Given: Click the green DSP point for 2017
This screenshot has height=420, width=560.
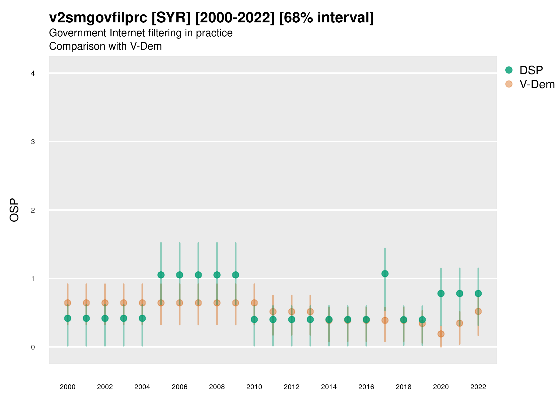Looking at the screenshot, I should pos(385,274).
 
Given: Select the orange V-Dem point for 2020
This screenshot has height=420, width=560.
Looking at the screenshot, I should pos(441,334).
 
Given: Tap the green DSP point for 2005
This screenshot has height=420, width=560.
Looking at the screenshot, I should pos(161,275).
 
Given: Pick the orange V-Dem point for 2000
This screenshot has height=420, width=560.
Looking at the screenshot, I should pos(68,303).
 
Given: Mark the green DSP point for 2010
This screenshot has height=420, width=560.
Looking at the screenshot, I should pos(254,319).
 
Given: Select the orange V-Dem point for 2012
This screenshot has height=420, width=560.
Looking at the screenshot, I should pos(292,312).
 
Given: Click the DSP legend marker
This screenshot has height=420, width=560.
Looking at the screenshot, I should pos(509,70).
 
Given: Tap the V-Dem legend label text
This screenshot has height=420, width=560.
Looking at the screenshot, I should pos(537,84).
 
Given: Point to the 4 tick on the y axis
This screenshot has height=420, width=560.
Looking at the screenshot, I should pos(33,73).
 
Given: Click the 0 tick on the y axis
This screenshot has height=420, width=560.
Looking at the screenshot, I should pos(33,347).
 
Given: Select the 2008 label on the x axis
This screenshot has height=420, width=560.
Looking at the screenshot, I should pos(217,387).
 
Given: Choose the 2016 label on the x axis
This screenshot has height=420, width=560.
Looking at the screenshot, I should pos(366,387).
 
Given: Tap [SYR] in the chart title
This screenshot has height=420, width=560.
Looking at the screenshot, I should pos(171,18).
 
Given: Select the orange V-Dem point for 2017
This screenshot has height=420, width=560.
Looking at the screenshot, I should pos(385,320).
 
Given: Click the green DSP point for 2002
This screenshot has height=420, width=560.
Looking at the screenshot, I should pos(105,318).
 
